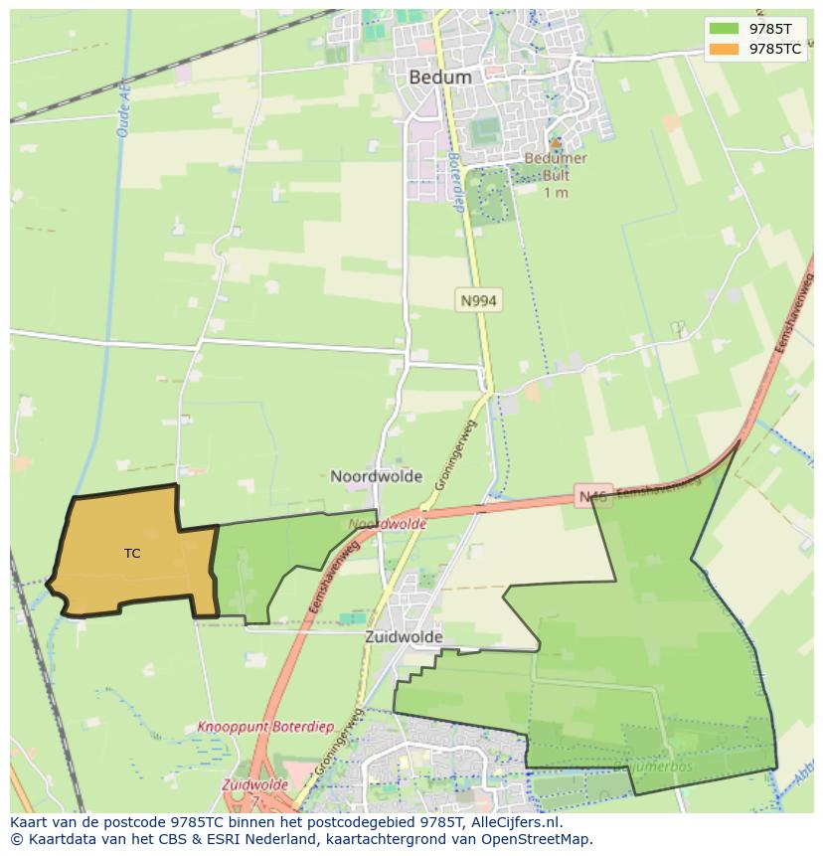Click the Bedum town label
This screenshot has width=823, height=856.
click(440, 76)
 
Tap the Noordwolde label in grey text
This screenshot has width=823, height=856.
click(376, 476)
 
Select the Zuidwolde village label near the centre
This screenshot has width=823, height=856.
click(404, 637)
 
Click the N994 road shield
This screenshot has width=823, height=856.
click(478, 299)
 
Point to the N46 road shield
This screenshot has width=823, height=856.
click(593, 495)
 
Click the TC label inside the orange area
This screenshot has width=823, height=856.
click(132, 553)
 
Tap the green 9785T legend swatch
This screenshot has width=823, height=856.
click(725, 28)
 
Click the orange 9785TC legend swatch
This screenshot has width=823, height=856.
click(725, 48)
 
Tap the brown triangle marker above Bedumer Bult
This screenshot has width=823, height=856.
click(556, 144)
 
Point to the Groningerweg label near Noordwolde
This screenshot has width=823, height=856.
click(455, 451)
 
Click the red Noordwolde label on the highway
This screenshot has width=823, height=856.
click(388, 524)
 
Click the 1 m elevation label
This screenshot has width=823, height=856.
click(556, 192)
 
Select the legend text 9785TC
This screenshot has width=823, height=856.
click(775, 48)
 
